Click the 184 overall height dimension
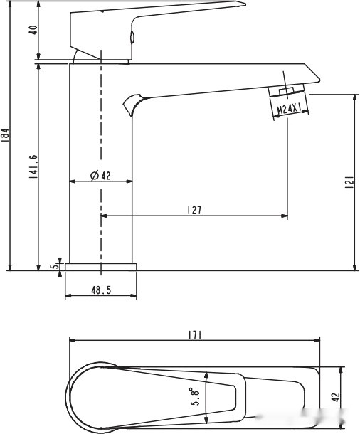click(6, 135)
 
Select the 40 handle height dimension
click(33, 30)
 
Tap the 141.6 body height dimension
click(33, 166)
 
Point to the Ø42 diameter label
click(100, 176)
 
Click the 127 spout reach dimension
click(195, 210)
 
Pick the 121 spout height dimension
click(349, 182)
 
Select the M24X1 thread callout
click(289, 108)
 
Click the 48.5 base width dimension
click(101, 290)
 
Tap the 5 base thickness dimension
click(55, 265)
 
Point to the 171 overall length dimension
click(195, 336)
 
